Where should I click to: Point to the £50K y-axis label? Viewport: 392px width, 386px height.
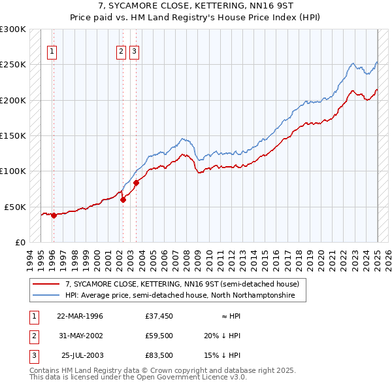[x=14, y=207]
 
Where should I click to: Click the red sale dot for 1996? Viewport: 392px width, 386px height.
[x=54, y=216]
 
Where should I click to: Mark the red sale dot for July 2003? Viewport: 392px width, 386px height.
[x=136, y=183]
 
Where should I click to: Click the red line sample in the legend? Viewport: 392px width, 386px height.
[x=46, y=284]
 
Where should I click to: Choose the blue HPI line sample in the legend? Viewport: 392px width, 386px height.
[x=46, y=295]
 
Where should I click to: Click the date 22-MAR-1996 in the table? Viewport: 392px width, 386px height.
[x=80, y=315]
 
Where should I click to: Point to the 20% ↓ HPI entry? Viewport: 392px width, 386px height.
[x=222, y=336]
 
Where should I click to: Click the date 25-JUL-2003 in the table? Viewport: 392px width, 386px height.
[x=82, y=356]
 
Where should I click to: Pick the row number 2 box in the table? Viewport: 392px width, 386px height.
[x=33, y=336]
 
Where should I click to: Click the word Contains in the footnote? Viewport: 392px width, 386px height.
[x=45, y=370]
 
